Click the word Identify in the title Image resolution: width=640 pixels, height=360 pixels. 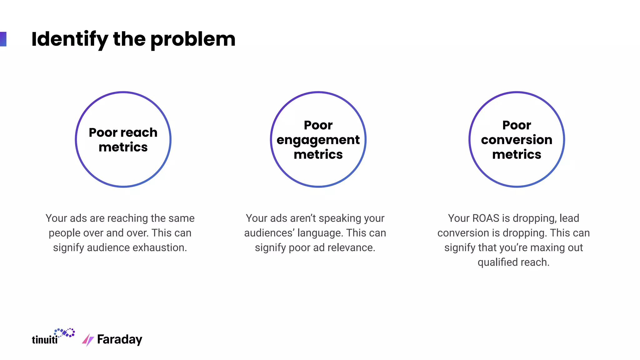click(69, 39)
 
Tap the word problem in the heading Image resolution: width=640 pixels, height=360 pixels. click(193, 40)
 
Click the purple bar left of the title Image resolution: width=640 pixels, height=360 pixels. click(3, 39)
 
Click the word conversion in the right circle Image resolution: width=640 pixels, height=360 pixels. click(517, 140)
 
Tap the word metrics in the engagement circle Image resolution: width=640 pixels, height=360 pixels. click(318, 154)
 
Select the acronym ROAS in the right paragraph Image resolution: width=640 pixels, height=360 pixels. click(486, 218)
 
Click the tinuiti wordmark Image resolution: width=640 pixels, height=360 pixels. click(45, 340)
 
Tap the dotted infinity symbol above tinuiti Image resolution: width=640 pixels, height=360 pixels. click(64, 333)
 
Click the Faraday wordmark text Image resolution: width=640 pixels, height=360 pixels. click(120, 340)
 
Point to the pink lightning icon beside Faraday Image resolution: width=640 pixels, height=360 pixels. click(88, 340)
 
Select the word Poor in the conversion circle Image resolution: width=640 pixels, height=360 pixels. click(517, 125)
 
